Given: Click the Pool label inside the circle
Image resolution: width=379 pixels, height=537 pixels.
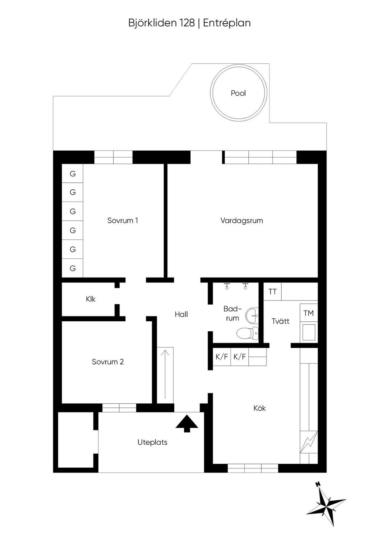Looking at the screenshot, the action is (x=238, y=93).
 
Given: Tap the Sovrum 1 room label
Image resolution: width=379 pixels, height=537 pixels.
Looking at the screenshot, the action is (x=123, y=220).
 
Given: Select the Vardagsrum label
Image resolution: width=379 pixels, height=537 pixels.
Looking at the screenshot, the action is (x=242, y=221).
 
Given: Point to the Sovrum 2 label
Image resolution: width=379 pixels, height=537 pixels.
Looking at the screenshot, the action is (x=108, y=362).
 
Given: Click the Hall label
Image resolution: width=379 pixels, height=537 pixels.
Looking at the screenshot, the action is (x=181, y=314).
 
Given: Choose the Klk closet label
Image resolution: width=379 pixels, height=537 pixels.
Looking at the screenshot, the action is (x=91, y=299).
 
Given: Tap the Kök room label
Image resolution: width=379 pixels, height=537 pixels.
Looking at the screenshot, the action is (x=259, y=408).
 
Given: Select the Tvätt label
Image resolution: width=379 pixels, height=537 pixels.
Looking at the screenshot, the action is (x=280, y=321).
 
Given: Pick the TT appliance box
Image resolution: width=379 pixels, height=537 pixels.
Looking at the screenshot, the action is (x=272, y=292).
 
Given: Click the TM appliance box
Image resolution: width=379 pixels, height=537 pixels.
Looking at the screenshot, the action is (x=309, y=313).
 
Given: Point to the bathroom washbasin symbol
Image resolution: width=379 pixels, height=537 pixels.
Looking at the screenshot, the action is (x=252, y=315).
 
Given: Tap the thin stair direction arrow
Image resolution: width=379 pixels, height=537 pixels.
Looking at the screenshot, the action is (x=165, y=374).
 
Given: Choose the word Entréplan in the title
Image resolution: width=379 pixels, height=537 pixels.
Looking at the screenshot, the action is (x=227, y=23).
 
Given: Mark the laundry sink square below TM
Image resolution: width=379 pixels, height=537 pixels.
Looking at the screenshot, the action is (x=309, y=332).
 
